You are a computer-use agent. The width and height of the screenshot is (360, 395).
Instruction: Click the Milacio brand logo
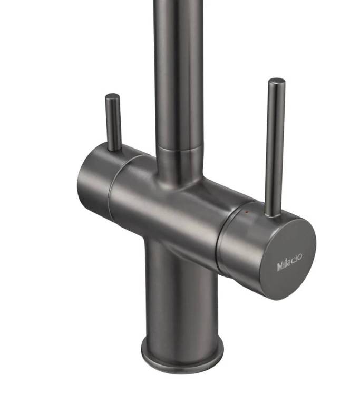(x=289, y=262)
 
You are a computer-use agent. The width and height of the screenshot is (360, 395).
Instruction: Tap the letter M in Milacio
(x=280, y=266)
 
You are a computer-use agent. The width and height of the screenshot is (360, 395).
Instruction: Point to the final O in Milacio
(x=299, y=257)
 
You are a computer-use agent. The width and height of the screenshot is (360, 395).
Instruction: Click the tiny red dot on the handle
(x=246, y=212)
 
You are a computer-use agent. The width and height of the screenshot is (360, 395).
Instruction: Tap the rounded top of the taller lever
(x=277, y=81)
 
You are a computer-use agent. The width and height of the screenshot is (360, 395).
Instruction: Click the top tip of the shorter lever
(x=112, y=96)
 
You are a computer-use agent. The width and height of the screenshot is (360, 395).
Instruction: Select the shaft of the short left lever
(x=113, y=122)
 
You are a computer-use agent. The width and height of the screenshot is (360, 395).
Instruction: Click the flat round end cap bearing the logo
(x=290, y=259)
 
